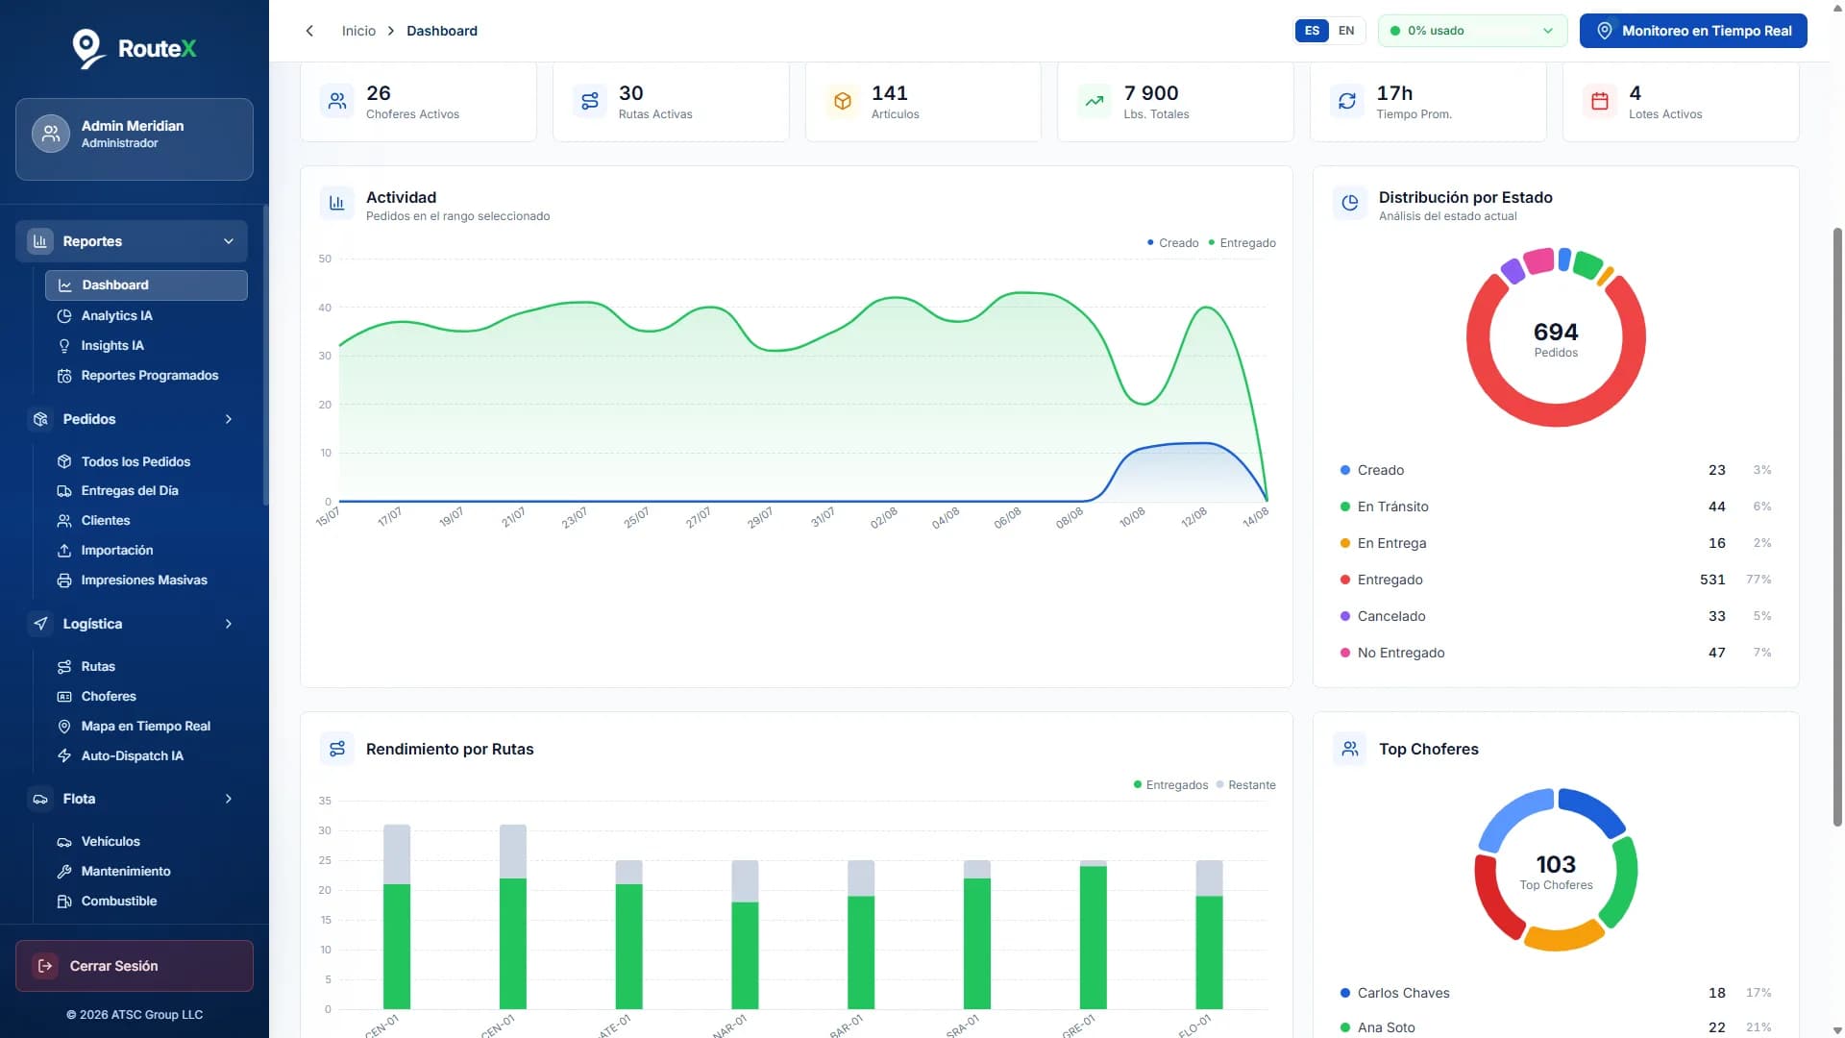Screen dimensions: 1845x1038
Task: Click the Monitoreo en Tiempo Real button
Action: [1693, 31]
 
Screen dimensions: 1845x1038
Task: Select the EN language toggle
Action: [1346, 31]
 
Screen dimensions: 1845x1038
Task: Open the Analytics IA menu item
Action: [116, 315]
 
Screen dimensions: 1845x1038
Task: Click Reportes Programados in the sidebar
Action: [149, 375]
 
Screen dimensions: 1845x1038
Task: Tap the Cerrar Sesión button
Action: [135, 966]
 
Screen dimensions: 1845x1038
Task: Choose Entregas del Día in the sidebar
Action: [130, 490]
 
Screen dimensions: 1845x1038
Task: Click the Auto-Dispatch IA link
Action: [132, 755]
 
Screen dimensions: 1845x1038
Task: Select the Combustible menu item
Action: [118, 901]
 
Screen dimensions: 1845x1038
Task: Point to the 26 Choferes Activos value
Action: [379, 93]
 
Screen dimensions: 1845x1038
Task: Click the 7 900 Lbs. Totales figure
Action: [1151, 93]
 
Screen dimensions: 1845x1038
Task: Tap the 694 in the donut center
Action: [1556, 332]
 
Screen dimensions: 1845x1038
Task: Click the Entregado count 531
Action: [1712, 580]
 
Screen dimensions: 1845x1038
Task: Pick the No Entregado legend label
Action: [1401, 653]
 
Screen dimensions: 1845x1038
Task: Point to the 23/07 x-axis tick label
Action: [575, 518]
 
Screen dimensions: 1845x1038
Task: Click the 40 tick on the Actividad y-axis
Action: [325, 308]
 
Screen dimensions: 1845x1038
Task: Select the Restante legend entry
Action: [1251, 785]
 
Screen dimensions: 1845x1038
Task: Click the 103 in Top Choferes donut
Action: [1556, 864]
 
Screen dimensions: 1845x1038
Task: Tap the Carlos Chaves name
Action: [1403, 993]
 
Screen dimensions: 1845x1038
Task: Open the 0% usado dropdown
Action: [1472, 31]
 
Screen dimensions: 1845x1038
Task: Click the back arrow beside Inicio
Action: [309, 31]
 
